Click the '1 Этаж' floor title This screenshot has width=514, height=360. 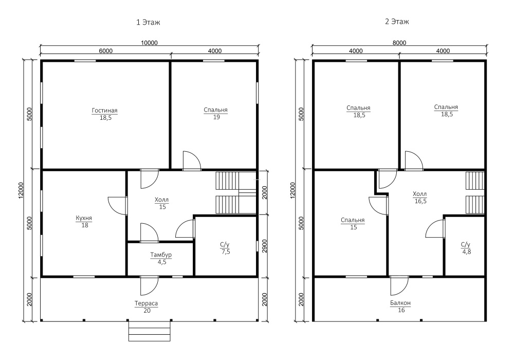(148, 22)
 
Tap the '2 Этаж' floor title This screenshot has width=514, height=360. (397, 22)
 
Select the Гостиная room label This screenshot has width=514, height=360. (104, 111)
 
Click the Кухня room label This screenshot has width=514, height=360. (84, 218)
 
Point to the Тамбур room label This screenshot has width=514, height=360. (161, 255)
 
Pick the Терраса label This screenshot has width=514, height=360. (146, 303)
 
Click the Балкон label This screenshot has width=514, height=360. (400, 303)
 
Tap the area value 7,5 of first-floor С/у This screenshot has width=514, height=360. (226, 252)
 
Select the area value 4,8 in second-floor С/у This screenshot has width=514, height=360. (467, 252)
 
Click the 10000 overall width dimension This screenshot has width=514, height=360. (149, 43)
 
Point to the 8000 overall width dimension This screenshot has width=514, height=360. (399, 43)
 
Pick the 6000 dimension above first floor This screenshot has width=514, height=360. (105, 51)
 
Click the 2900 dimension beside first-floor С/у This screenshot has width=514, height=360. (265, 246)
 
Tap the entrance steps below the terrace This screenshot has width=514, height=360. (150, 331)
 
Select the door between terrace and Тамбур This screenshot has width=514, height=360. (149, 285)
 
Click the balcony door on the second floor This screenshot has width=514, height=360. (399, 285)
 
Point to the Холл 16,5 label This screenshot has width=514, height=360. (420, 197)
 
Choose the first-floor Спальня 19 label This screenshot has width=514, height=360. (216, 114)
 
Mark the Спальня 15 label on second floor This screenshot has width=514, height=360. (353, 224)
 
